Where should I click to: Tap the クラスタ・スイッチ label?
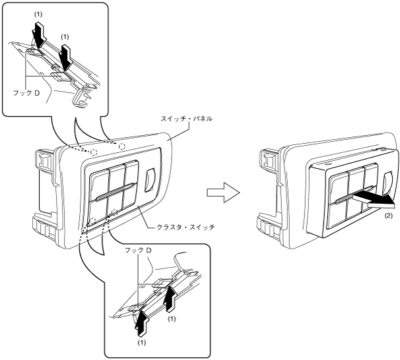tap(180, 226)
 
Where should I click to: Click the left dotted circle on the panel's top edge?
tap(94, 151)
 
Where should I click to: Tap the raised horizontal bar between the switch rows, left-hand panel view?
tap(113, 197)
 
